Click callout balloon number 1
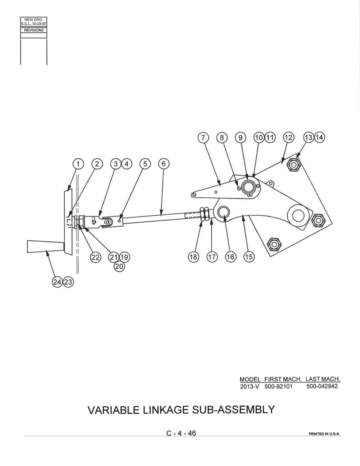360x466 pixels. point(78,164)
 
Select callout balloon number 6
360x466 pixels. point(164,164)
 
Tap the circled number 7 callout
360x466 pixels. point(203,138)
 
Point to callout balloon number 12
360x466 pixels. point(289,138)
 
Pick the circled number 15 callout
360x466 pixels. point(249,257)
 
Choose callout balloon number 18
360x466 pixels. point(193,257)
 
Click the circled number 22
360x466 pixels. point(96,257)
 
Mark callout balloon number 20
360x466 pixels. point(119,266)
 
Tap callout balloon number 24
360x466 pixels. point(58,282)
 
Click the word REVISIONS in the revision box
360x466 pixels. point(34,30)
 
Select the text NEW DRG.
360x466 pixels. point(34,20)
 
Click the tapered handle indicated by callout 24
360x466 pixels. point(46,247)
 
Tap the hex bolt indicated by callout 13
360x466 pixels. point(294,165)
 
